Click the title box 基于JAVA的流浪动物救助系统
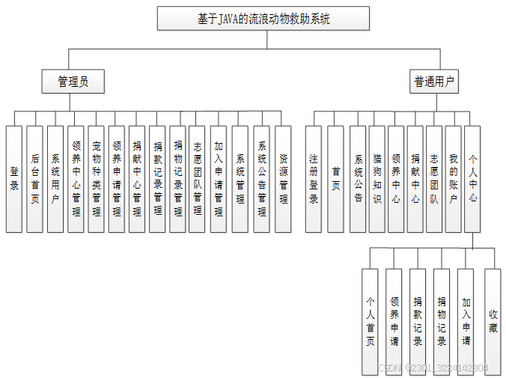tap(263, 18)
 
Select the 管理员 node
tap(73, 82)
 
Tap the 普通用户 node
tap(434, 82)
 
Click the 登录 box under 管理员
tap(14, 178)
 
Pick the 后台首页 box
tap(35, 178)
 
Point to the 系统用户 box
tap(55, 178)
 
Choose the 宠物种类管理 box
tap(97, 178)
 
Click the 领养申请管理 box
tap(117, 178)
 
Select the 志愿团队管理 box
tap(198, 178)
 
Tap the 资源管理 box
tap(283, 178)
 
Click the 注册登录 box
tap(314, 178)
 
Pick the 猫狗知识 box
tap(377, 178)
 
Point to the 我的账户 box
tap(453, 178)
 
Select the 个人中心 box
tap(472, 178)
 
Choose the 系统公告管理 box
tap(262, 178)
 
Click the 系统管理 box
tap(240, 178)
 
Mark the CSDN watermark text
tap(433, 368)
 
